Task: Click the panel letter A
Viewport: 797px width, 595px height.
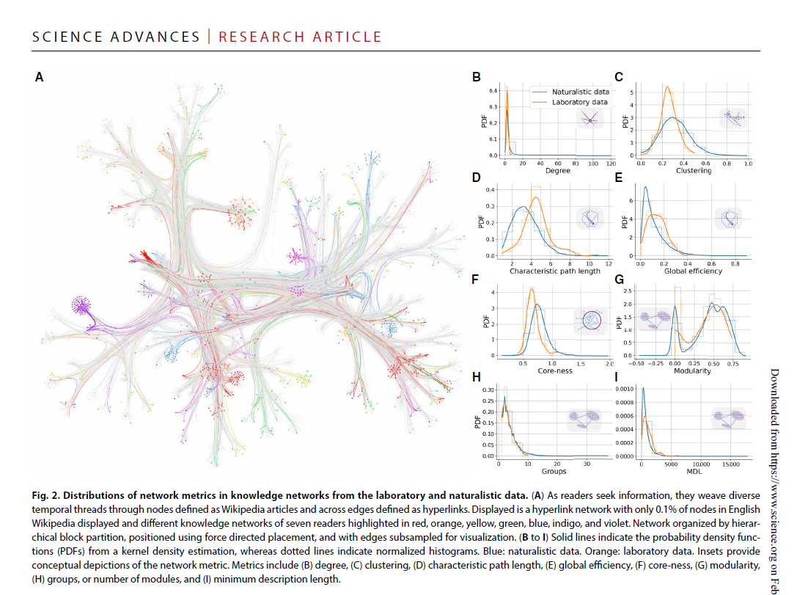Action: pyautogui.click(x=39, y=76)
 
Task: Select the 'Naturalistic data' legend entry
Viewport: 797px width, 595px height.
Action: pyautogui.click(x=580, y=92)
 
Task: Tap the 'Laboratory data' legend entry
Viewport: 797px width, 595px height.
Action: pyautogui.click(x=579, y=102)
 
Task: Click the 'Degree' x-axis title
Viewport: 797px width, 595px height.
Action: pyautogui.click(x=557, y=171)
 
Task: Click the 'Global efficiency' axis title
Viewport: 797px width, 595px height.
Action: pyautogui.click(x=691, y=271)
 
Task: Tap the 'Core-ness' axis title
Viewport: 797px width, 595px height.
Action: pyautogui.click(x=555, y=371)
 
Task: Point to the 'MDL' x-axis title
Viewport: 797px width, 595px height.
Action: pyautogui.click(x=690, y=472)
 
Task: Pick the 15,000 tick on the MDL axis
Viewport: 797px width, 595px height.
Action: pyautogui.click(x=730, y=464)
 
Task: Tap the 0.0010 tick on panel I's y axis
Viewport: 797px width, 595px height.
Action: pyautogui.click(x=625, y=389)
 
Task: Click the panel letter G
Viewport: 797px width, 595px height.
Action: pyautogui.click(x=620, y=280)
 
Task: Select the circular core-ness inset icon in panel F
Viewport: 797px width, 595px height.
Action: pyautogui.click(x=591, y=321)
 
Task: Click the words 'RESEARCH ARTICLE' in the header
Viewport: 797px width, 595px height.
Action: pyautogui.click(x=300, y=37)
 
